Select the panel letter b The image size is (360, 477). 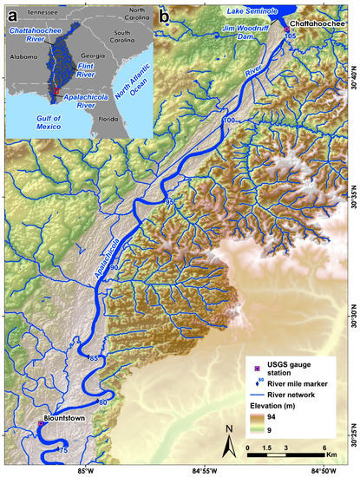click(x=161, y=11)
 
